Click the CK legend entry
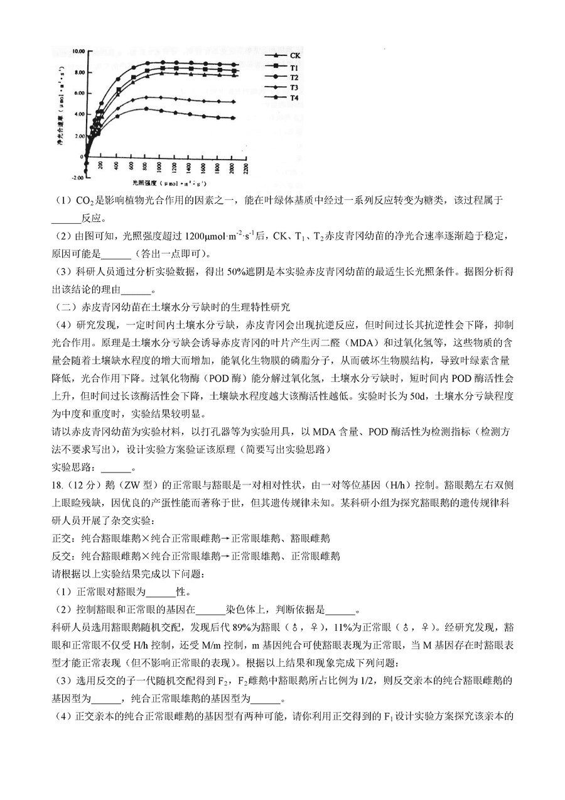click(294, 56)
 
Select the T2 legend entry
click(294, 77)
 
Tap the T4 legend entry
click(294, 98)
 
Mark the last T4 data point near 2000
click(233, 118)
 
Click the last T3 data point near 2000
click(233, 102)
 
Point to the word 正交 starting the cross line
click(61, 538)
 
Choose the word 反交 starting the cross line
click(61, 556)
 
